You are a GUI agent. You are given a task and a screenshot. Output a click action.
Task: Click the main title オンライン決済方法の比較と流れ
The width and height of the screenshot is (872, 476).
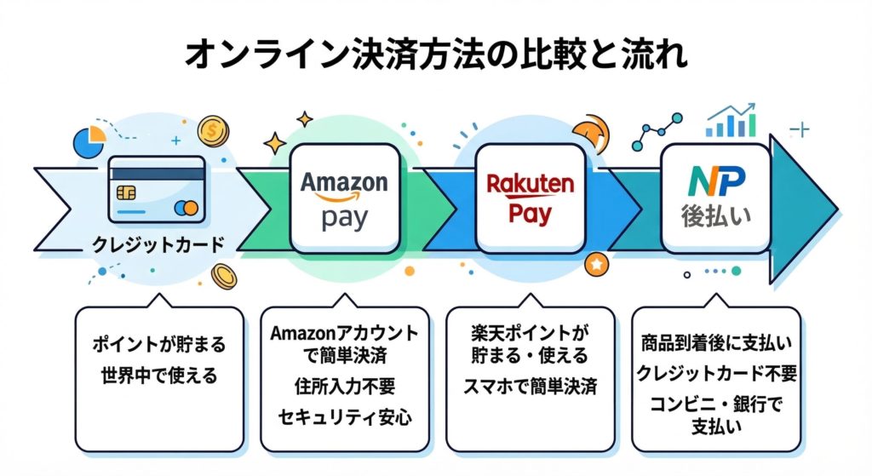click(x=436, y=54)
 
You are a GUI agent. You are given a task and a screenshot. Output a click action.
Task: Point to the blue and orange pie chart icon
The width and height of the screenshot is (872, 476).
click(x=89, y=141)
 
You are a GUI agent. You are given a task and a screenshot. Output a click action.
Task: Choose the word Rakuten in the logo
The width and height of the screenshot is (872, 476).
click(x=530, y=185)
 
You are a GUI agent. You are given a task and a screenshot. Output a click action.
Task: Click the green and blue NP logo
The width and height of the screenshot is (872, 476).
click(x=715, y=181)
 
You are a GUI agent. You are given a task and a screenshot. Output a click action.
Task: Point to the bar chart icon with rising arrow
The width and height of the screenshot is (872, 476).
click(x=731, y=123)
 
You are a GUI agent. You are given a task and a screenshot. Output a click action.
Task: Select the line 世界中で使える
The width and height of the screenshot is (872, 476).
click(x=158, y=376)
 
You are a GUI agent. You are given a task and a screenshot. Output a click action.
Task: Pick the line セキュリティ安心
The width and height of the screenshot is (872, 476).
click(x=343, y=418)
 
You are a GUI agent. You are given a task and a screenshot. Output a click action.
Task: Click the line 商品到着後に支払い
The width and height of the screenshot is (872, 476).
click(x=715, y=345)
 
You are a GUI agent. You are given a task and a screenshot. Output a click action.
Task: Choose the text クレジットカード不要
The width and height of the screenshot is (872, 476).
click(x=715, y=375)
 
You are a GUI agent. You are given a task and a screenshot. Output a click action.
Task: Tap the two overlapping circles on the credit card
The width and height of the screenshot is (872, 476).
click(x=185, y=208)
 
